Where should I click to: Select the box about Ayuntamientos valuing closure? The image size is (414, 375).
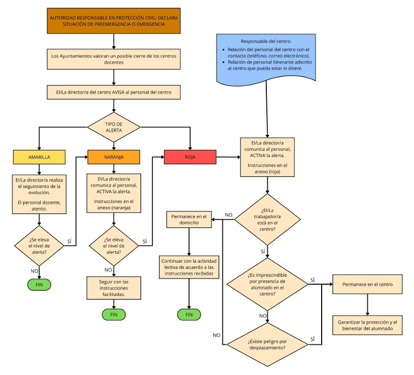pos(114,59)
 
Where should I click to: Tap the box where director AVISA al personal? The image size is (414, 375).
pos(114,92)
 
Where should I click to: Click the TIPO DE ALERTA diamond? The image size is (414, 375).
pos(114,127)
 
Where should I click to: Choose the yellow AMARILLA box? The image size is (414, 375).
pos(39,157)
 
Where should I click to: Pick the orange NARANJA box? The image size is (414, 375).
pos(113,157)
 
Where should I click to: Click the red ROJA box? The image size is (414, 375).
pos(190,157)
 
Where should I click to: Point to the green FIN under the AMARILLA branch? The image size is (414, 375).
pos(39,283)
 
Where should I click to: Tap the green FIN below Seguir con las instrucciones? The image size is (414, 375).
pos(113,314)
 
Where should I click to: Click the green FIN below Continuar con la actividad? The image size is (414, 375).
pos(189,314)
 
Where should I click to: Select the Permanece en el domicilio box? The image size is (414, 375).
pos(189,219)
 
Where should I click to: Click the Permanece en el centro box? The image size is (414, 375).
pos(367,284)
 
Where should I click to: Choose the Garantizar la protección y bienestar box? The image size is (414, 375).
pos(367,326)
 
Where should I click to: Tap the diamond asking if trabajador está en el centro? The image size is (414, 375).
pos(267,219)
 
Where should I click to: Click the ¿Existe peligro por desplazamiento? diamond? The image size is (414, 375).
pos(267,344)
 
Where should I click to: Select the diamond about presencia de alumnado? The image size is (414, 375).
pos(267,284)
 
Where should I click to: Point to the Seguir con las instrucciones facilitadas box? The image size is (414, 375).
pos(113,288)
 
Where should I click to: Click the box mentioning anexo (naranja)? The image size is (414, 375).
pos(113,192)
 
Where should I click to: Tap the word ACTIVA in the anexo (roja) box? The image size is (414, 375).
pos(258,156)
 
